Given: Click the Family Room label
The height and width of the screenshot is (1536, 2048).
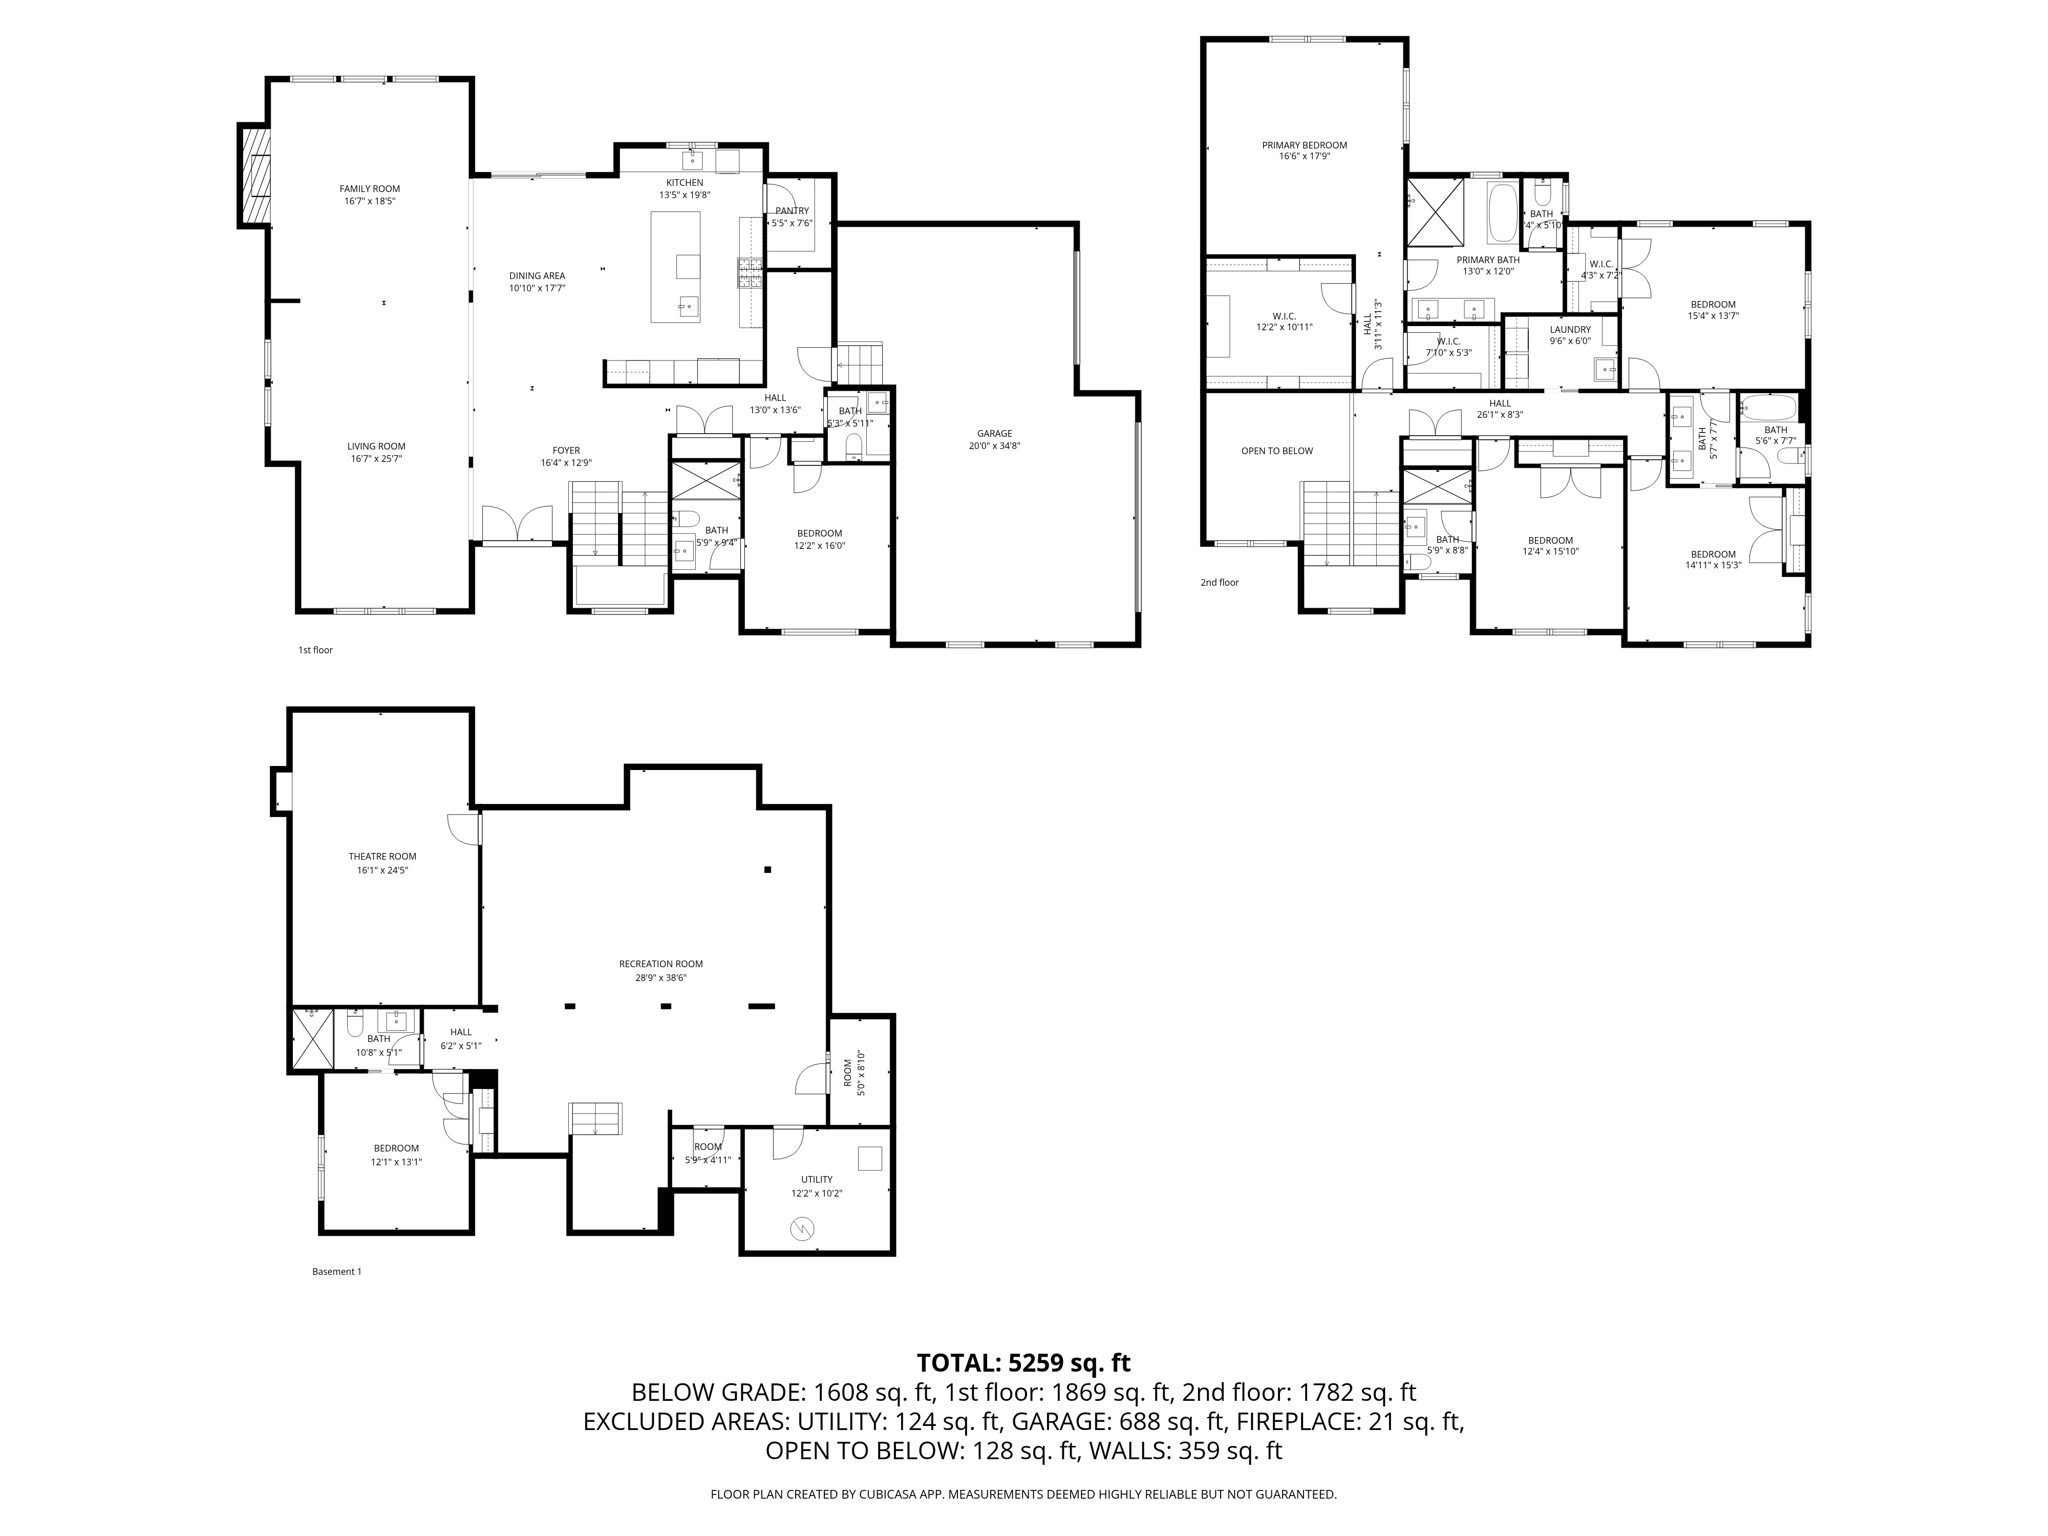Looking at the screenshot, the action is [370, 189].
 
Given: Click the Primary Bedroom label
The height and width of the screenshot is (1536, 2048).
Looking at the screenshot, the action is [1305, 145].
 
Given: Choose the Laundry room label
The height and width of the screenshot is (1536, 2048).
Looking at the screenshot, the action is [1570, 330].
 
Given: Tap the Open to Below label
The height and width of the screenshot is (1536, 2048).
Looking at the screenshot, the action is [1277, 451].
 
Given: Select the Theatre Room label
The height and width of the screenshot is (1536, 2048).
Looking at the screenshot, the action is [382, 857].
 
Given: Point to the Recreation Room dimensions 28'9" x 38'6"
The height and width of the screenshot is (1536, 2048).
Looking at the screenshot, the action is [661, 977].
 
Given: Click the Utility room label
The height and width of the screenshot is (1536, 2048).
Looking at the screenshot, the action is [817, 1180].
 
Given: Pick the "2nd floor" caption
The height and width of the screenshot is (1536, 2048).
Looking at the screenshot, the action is [1220, 582].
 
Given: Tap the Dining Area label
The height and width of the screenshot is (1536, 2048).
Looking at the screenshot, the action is [537, 276].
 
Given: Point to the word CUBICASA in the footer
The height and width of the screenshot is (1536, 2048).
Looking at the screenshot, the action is [895, 1495].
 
